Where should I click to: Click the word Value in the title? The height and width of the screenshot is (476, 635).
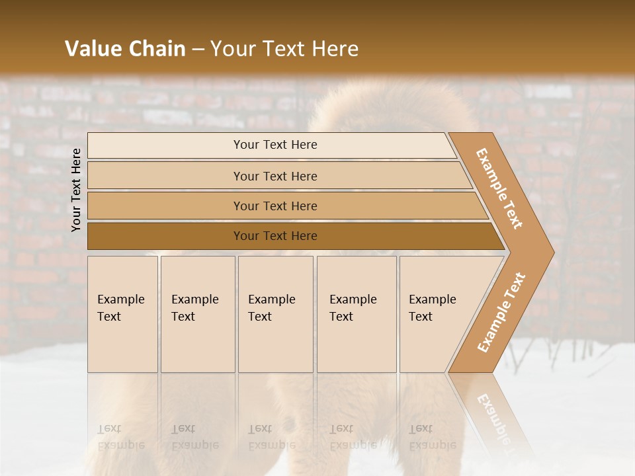pos(93,49)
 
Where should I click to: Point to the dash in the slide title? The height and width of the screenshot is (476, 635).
pos(198,50)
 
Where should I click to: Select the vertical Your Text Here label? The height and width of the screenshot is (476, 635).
pos(76,190)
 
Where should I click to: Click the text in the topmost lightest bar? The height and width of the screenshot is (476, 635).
pos(275,145)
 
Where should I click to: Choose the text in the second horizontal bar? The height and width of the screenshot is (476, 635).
pos(275,177)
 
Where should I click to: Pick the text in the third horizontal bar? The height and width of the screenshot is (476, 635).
pos(275,206)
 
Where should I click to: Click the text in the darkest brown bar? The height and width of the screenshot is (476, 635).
pos(275,236)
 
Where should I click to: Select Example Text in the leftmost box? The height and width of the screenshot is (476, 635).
pos(120,308)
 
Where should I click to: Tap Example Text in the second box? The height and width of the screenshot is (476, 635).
pos(194,308)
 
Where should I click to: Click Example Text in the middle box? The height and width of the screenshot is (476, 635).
pos(271,308)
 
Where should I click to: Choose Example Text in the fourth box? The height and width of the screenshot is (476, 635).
pos(353,308)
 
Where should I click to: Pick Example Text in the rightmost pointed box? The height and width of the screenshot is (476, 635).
pos(432,308)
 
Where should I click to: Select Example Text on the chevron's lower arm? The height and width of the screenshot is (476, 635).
pos(501,312)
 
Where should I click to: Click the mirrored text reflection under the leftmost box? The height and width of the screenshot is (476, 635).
pos(120,437)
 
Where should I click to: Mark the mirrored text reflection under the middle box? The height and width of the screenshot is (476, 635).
pos(271,437)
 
